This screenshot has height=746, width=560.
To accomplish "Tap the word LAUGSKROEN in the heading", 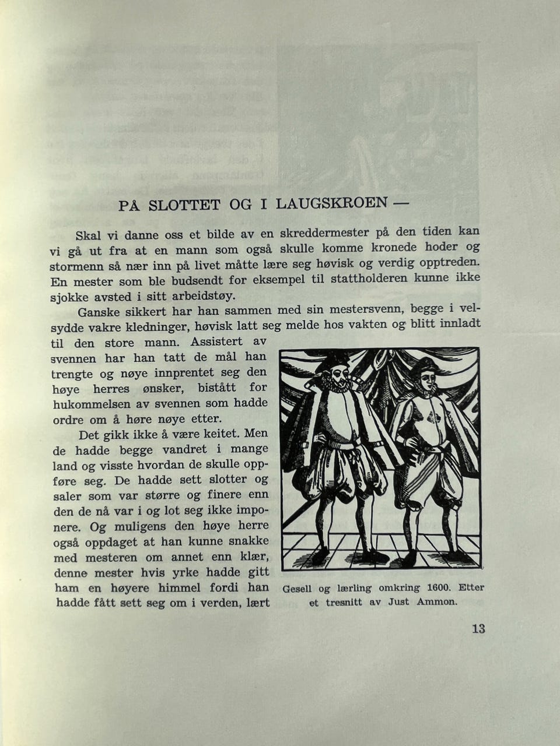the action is (x=331, y=203).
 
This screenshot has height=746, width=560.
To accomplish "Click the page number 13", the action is (x=478, y=629).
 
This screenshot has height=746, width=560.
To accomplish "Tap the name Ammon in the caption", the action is (x=437, y=602).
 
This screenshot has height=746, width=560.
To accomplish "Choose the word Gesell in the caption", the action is (x=297, y=589).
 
